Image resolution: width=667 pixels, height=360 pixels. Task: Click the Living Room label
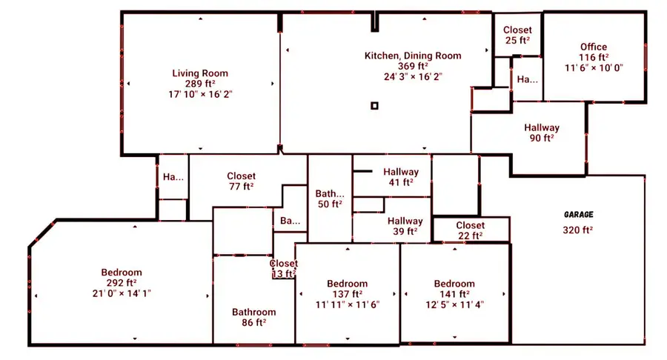pos(200,73)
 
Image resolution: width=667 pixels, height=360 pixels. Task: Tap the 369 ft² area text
pos(413,66)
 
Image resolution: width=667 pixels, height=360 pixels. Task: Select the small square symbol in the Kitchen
pos(374,106)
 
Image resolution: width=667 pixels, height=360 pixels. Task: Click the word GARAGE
pos(578,214)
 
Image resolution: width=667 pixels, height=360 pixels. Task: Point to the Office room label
pos(594,47)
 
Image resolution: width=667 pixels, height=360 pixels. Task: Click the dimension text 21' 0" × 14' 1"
pos(122,293)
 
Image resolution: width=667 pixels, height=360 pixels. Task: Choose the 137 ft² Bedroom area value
pos(348,294)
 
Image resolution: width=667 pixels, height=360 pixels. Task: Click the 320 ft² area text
pos(578,230)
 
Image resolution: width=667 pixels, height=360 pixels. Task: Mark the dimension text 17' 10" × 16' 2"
pos(200,94)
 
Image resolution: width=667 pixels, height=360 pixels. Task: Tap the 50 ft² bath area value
pos(331,204)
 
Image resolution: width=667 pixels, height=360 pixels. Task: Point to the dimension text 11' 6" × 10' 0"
pos(594,67)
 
